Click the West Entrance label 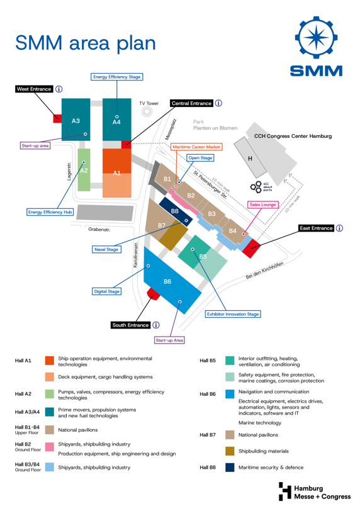click(x=34, y=89)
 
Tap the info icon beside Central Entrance click(x=218, y=103)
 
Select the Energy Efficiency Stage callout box click(x=116, y=77)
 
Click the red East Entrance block click(x=251, y=248)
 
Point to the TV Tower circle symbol click(x=147, y=111)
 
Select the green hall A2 click(x=84, y=170)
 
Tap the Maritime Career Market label click(x=196, y=147)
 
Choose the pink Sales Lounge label click(x=263, y=205)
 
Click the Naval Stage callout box click(x=106, y=249)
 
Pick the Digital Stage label click(x=106, y=291)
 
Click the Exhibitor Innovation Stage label click(x=233, y=314)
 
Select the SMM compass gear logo click(x=316, y=37)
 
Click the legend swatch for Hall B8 click(x=230, y=468)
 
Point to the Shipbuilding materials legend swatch click(x=230, y=451)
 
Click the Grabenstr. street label click(x=99, y=230)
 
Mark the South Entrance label click(x=130, y=325)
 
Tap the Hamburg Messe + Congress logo click(x=315, y=491)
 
